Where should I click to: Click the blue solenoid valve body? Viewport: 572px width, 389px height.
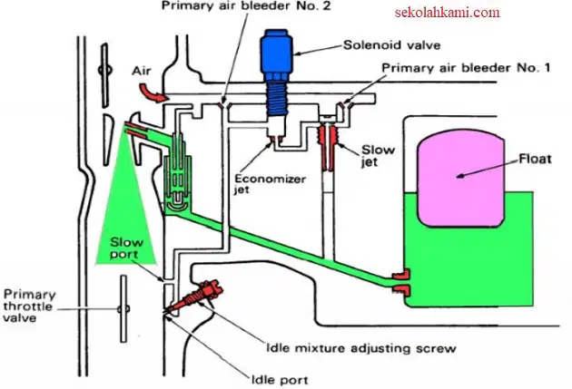pos(276,73)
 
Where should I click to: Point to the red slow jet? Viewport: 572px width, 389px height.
pos(328,147)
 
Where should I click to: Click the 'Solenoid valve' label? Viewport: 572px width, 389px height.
pos(392,45)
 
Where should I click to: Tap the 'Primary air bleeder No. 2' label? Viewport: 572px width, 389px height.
pos(246,6)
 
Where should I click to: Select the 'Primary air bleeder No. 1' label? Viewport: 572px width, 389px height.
pos(466,68)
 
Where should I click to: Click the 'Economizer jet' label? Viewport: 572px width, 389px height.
pos(270,184)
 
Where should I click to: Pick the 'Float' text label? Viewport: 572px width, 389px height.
pos(535,160)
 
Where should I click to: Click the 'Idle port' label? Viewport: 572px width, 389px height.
pos(280,380)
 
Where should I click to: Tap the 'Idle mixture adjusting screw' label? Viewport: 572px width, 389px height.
pos(360,348)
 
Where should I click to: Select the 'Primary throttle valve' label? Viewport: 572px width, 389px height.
pos(30,306)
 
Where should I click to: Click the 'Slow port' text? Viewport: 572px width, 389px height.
pos(126,248)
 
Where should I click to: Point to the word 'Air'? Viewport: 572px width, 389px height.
pos(142,71)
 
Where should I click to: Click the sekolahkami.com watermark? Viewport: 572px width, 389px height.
pos(448,13)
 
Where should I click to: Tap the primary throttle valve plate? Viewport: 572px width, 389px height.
pos(123,309)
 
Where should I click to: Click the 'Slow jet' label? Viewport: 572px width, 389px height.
pos(378,156)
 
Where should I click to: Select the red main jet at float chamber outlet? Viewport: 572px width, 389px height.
pos(401,282)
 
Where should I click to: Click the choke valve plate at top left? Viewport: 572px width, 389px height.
pos(104,75)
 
